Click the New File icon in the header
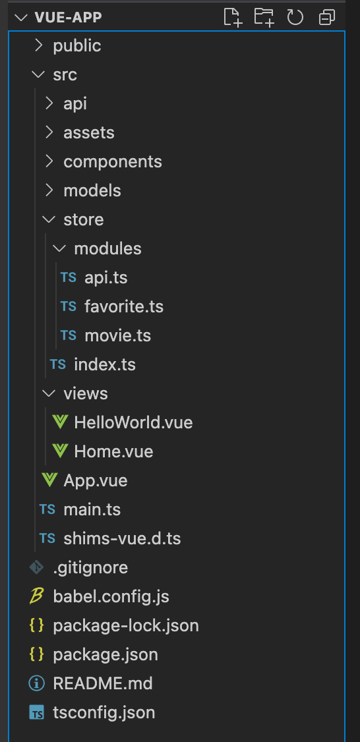point(233,18)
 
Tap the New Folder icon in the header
point(264,18)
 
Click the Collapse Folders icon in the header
point(327,18)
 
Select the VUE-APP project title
point(68,18)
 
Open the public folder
point(76,46)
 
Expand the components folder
point(113,162)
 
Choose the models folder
point(92,190)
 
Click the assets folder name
point(89,133)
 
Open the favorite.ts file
point(124,306)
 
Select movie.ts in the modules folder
point(118,335)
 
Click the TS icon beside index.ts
point(58,364)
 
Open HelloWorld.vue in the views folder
point(134,422)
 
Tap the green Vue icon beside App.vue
point(49,480)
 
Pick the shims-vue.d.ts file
point(122,538)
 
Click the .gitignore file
point(90,567)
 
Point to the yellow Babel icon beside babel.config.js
point(36,596)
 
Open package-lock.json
point(126,625)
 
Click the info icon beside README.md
point(36,683)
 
